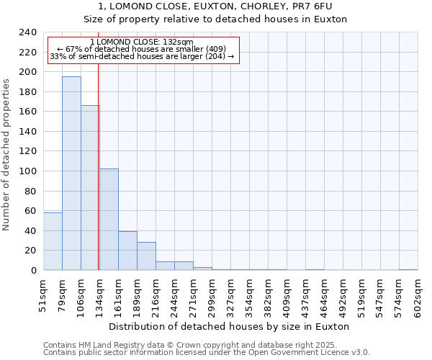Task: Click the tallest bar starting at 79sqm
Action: pyautogui.click(x=71, y=173)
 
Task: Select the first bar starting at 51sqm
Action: pyautogui.click(x=53, y=241)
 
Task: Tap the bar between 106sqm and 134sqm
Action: pyautogui.click(x=90, y=187)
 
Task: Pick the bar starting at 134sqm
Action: pyautogui.click(x=109, y=220)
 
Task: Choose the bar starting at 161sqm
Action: pyautogui.click(x=127, y=251)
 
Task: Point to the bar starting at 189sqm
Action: pyautogui.click(x=146, y=256)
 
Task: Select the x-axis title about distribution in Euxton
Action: pyautogui.click(x=230, y=326)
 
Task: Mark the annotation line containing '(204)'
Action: pyautogui.click(x=142, y=56)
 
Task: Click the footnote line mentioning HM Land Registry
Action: pyautogui.click(x=205, y=345)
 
